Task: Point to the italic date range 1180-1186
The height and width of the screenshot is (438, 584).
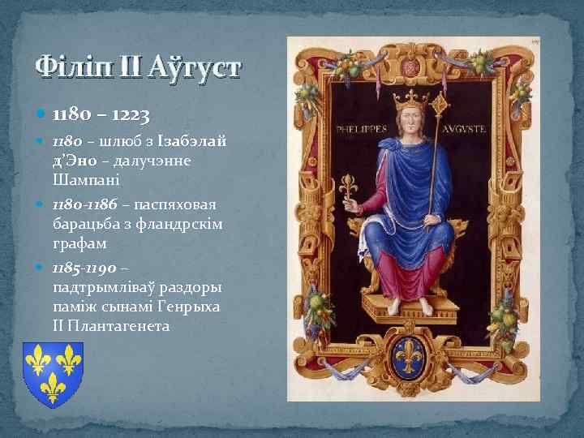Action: [82, 204]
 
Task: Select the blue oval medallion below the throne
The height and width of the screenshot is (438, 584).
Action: [414, 355]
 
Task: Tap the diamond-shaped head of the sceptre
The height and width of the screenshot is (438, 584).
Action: [443, 104]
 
